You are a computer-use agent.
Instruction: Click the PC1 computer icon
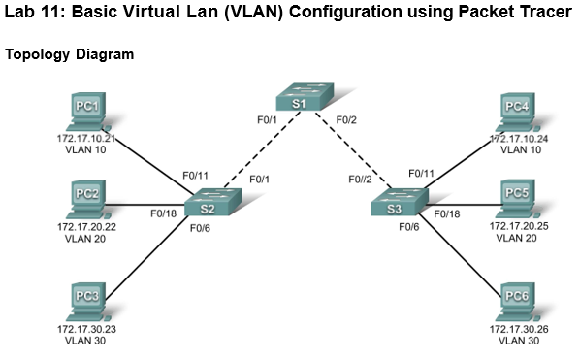[x=87, y=112]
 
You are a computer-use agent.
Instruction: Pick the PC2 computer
[x=87, y=200]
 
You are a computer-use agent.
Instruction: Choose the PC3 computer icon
[x=87, y=302]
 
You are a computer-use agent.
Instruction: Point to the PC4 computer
[x=517, y=113]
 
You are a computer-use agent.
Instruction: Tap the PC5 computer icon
[x=517, y=199]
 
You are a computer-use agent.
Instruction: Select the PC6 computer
[x=517, y=302]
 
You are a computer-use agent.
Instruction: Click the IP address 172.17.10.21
[x=86, y=139]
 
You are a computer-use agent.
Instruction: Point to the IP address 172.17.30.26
[x=519, y=329]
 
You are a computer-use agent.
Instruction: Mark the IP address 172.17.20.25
[x=519, y=226]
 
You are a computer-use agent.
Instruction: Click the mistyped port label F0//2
[x=360, y=180]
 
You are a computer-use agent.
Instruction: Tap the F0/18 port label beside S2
[x=163, y=213]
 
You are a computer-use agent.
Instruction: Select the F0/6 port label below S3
[x=408, y=227]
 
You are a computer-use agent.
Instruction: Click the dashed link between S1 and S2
[x=262, y=149]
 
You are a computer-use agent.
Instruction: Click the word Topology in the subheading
[x=38, y=54]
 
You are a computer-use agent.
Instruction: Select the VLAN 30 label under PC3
[x=85, y=341]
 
